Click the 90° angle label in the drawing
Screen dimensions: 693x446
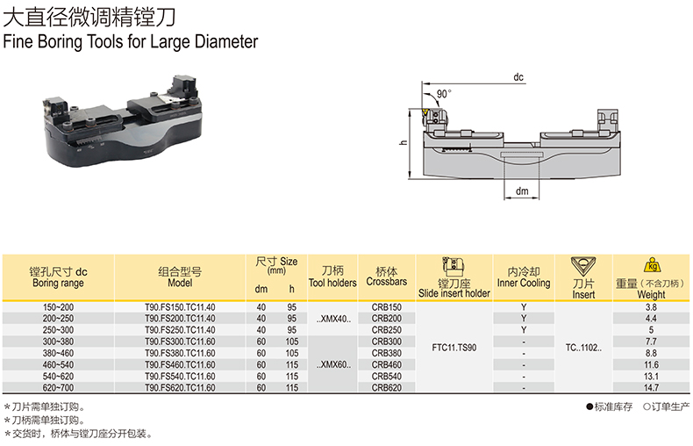click(x=444, y=94)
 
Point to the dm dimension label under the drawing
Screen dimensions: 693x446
click(x=522, y=191)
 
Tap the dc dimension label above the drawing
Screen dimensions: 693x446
click(x=518, y=77)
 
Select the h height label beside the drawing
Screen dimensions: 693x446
click(x=403, y=142)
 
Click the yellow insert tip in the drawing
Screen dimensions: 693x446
click(x=425, y=111)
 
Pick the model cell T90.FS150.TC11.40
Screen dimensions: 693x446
click(x=180, y=307)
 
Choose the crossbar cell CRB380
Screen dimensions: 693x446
click(x=387, y=353)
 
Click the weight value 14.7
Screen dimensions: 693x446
click(x=651, y=387)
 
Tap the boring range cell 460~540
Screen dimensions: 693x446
click(x=59, y=364)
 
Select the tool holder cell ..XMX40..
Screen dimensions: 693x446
click(x=333, y=319)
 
